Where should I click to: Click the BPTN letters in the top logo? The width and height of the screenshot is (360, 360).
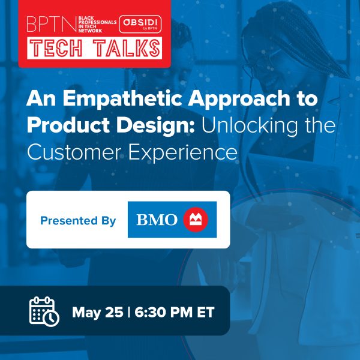click(52, 24)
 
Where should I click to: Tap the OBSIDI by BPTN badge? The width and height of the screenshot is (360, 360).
click(140, 24)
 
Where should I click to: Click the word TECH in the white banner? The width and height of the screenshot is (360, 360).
click(56, 48)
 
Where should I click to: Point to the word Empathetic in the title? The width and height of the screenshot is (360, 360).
click(122, 99)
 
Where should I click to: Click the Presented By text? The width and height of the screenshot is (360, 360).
click(78, 221)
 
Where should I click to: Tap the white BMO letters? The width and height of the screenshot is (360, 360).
click(157, 220)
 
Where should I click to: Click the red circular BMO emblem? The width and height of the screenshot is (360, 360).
click(196, 220)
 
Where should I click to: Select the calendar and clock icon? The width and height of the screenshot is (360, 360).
click(44, 311)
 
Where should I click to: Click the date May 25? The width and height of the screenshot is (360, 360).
click(98, 313)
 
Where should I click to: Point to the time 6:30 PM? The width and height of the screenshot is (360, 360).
click(163, 312)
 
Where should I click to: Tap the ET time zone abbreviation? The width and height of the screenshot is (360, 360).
click(206, 312)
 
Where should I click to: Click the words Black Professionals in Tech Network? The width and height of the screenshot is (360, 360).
click(97, 24)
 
